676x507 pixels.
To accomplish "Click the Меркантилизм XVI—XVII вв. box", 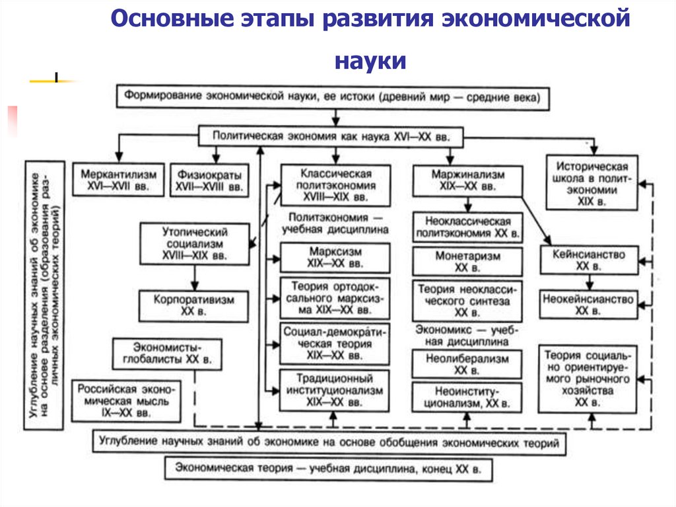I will [x=119, y=180].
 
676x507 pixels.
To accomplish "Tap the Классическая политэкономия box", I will [x=335, y=185].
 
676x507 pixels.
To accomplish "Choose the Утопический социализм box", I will [x=195, y=244].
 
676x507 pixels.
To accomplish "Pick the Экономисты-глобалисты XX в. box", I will [x=166, y=354].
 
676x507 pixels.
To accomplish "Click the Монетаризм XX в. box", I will [x=468, y=261].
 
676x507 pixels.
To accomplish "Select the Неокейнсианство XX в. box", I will [x=589, y=305].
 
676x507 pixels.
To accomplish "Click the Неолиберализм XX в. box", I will [x=468, y=364].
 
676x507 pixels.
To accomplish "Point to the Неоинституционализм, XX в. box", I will [x=468, y=396].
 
